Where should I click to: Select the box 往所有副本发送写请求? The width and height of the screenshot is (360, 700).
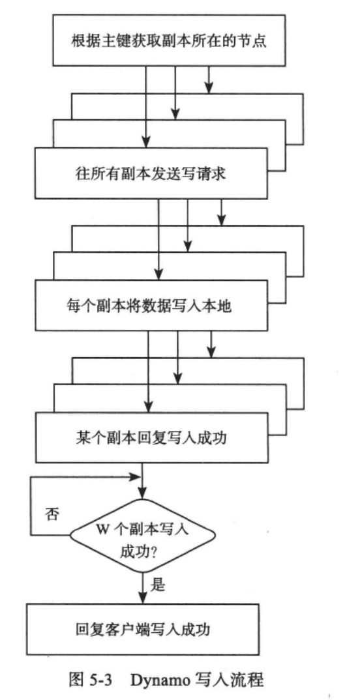click(x=151, y=173)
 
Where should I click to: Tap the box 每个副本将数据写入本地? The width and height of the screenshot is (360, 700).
click(x=151, y=306)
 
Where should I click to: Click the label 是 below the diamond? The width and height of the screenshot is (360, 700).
click(x=158, y=585)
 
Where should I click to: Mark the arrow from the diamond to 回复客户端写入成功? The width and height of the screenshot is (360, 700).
click(x=142, y=587)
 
